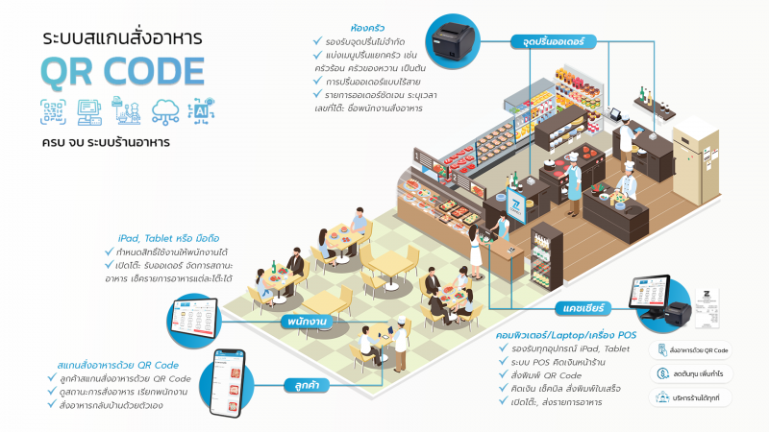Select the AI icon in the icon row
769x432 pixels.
(200, 111)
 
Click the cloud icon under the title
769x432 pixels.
(165, 111)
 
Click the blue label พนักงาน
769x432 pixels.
(310, 321)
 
